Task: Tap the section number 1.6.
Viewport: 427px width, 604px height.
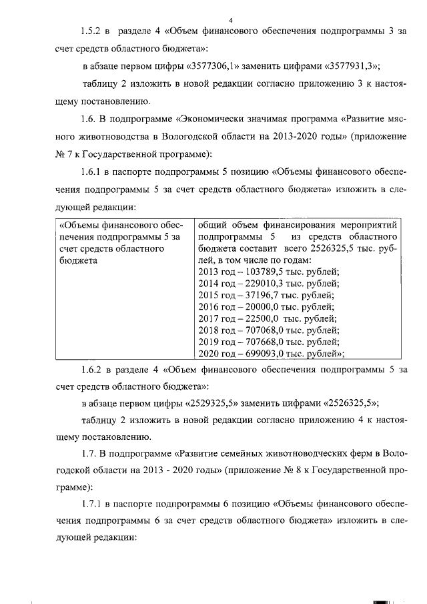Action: tap(88, 119)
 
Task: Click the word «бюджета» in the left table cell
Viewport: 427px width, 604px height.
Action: tap(77, 260)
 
